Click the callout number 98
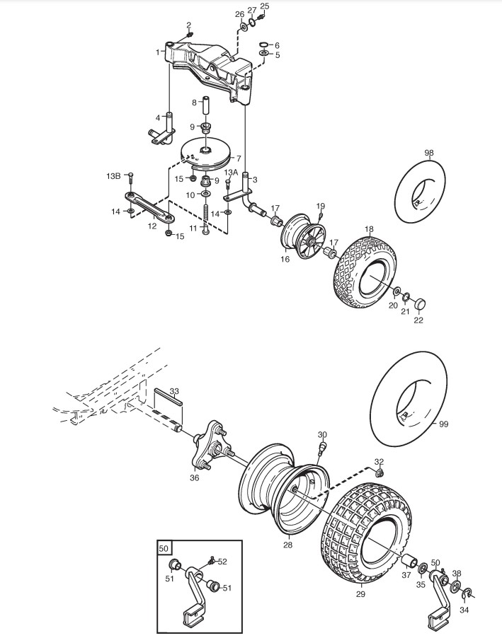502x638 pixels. (429, 153)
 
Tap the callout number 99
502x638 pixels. (444, 424)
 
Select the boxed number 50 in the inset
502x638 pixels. (164, 548)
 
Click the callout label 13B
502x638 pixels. (114, 176)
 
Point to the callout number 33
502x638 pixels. (174, 391)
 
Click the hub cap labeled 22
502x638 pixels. (420, 303)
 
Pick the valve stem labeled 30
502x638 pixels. (322, 448)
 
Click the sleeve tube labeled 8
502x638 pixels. (206, 106)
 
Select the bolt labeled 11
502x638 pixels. (205, 220)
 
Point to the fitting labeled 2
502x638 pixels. (190, 35)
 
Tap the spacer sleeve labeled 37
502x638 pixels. (409, 562)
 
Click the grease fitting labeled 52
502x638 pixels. (210, 560)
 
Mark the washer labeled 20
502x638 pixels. (396, 291)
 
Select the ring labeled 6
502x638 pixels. (263, 45)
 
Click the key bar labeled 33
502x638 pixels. (168, 396)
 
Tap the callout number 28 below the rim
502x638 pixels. (287, 545)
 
